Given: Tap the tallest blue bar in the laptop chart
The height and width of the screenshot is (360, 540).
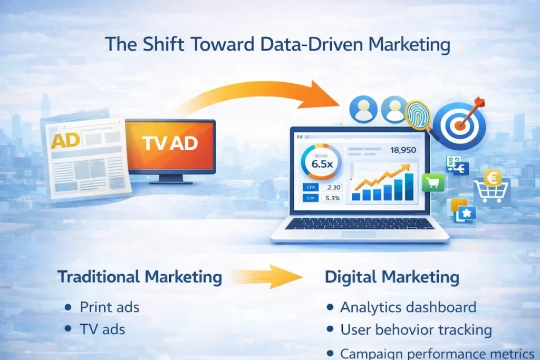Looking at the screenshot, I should click(410, 188).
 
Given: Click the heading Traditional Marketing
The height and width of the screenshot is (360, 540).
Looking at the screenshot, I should click(139, 277).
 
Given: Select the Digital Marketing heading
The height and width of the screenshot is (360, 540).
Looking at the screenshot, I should click(392, 277).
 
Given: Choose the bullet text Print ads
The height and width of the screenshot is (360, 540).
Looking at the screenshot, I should click(109, 307).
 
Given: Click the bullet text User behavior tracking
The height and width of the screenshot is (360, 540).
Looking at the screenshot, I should click(416, 330).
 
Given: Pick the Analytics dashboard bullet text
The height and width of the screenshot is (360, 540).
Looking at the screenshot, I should click(408, 307).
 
